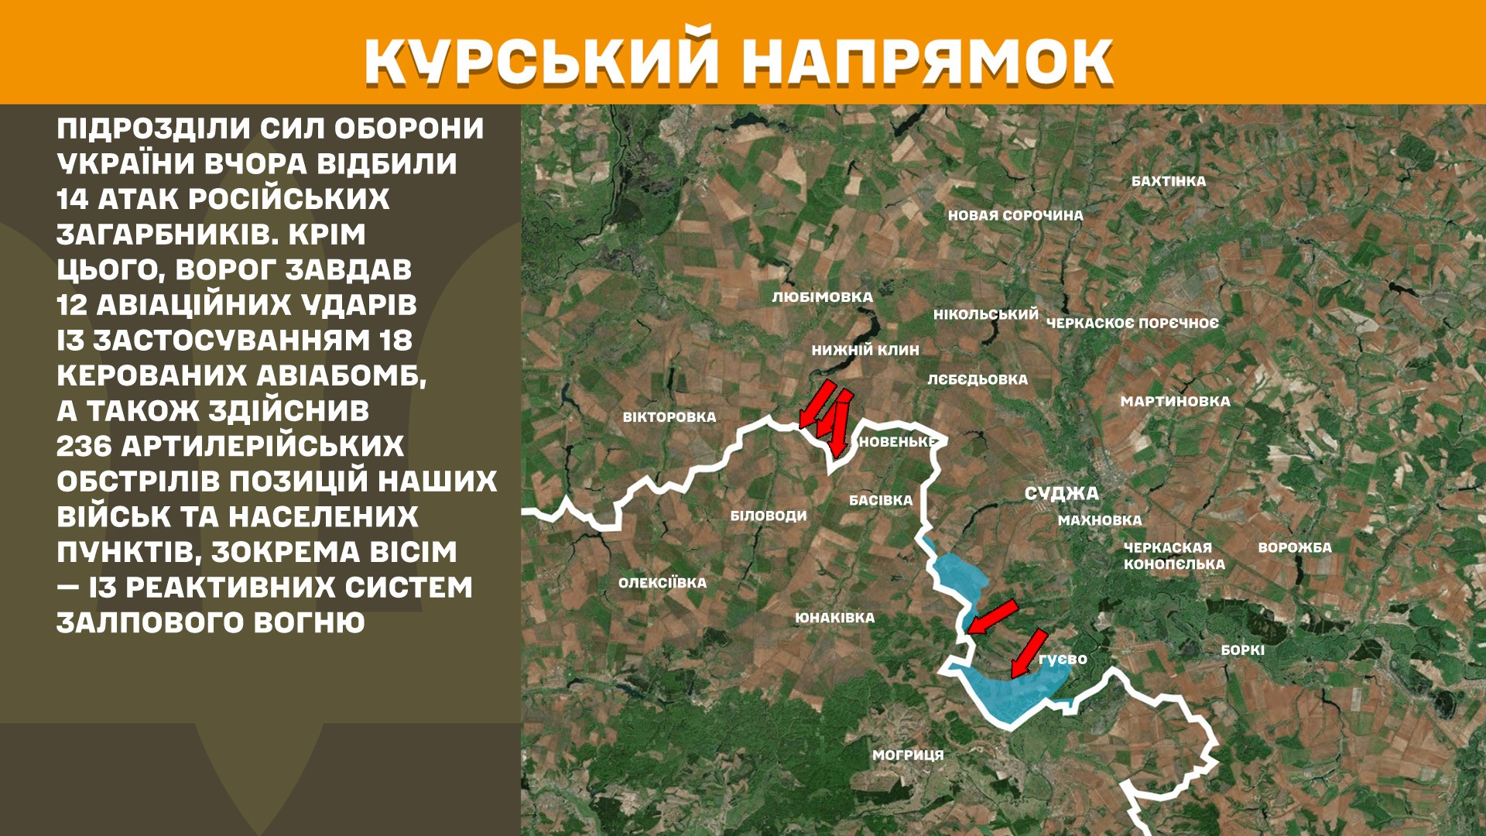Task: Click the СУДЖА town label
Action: [1061, 493]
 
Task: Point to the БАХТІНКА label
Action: [1168, 181]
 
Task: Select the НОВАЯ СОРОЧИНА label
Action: [1015, 215]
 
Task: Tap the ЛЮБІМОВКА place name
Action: [822, 297]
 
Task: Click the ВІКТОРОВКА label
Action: [669, 417]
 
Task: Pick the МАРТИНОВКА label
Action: [1175, 401]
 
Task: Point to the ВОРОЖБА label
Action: [1294, 547]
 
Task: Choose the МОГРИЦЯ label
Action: [908, 755]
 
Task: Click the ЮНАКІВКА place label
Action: [834, 618]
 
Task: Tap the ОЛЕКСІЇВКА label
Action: [662, 583]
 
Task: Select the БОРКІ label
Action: [1242, 650]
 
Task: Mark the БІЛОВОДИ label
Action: [768, 516]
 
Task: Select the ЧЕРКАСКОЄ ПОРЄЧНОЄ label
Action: [1132, 323]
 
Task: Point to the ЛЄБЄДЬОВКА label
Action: [977, 379]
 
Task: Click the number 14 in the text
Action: [73, 200]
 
